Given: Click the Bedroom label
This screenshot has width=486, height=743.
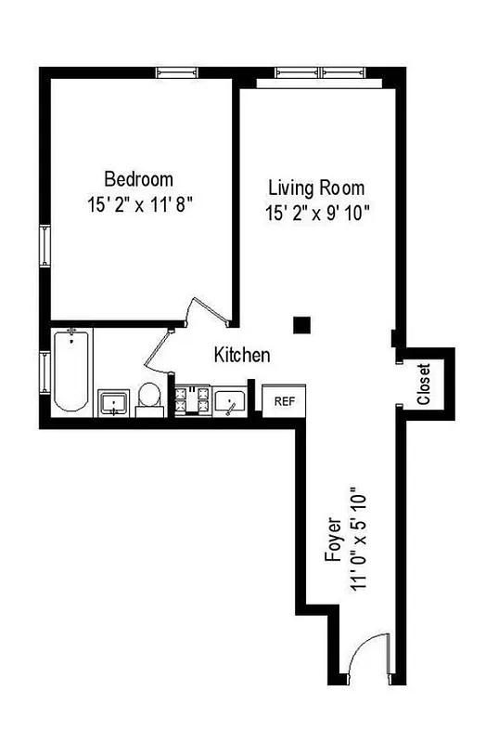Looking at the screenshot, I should (138, 177).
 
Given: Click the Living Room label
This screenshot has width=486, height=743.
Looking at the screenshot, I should (316, 187).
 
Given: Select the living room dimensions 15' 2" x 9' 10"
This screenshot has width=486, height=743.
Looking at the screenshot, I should (316, 212).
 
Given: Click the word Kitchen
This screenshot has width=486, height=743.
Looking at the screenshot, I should (242, 355).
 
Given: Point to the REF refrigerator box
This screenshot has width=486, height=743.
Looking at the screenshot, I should (282, 401).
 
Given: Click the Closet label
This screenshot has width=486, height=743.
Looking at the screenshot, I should (425, 384).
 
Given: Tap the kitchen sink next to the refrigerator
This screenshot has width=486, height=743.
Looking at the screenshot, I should (230, 402).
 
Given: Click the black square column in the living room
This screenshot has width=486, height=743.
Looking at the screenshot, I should (301, 324).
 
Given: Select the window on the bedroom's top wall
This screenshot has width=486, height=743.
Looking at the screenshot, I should (176, 71).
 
